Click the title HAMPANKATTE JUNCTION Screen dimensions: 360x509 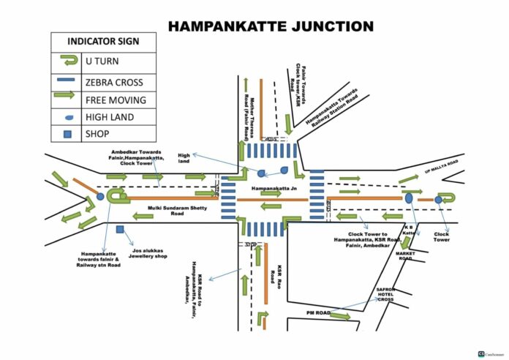pos(271,27)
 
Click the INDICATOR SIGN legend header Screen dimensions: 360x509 pos(102,42)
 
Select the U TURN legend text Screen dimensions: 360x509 pos(102,62)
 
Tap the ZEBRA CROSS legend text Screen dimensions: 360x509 pos(113,83)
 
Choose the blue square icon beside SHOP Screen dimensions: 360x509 pos(68,135)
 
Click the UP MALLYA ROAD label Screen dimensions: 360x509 pos(445,165)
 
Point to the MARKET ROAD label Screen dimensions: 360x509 pos(405,256)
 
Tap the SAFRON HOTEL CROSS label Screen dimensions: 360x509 pos(385,294)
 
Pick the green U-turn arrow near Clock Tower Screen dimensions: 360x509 pos(448,198)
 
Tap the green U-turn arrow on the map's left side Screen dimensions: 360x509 pos(116,196)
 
